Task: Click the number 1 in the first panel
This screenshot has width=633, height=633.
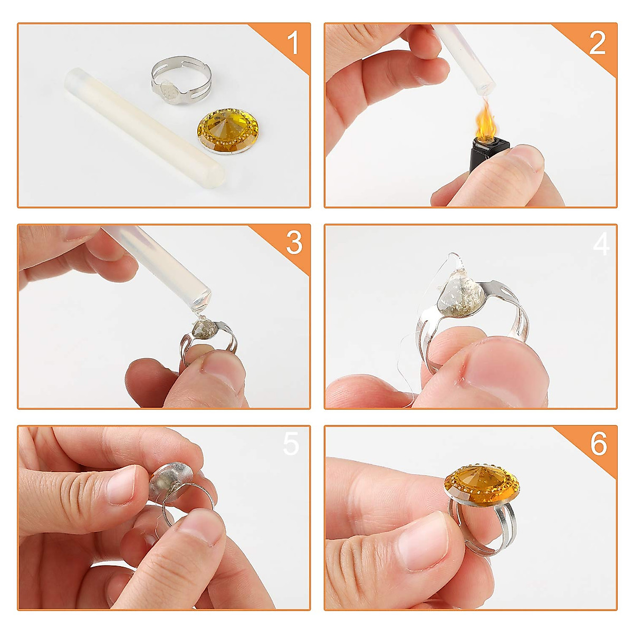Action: (293, 43)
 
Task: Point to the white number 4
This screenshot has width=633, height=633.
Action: (601, 244)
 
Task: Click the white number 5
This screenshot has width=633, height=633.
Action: (291, 444)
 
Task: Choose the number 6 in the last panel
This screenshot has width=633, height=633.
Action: (598, 444)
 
